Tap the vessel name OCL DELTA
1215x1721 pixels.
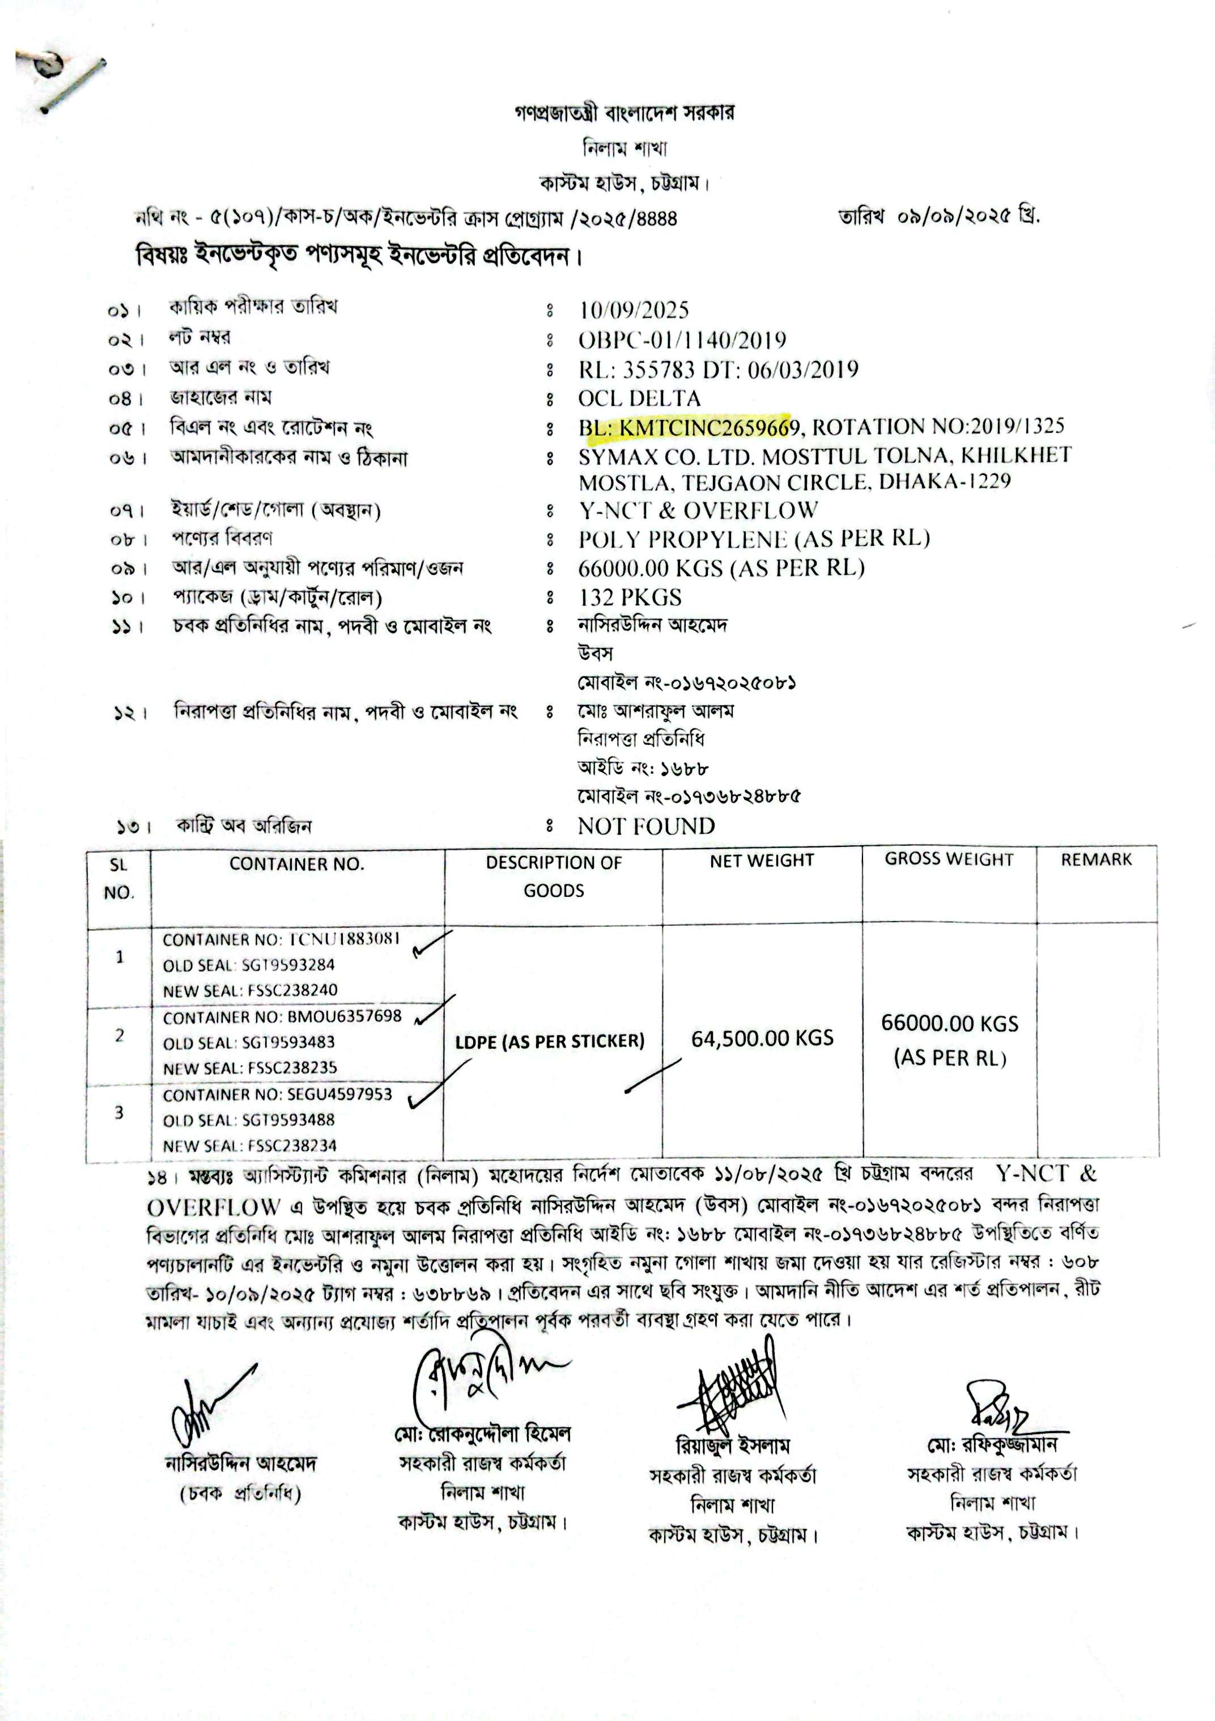(639, 398)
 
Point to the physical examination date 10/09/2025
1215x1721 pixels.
(634, 310)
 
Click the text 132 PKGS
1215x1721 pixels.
(630, 597)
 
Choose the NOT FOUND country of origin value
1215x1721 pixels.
(646, 826)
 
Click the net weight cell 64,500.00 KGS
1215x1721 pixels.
(762, 1038)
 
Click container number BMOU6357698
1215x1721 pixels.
(344, 1016)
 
